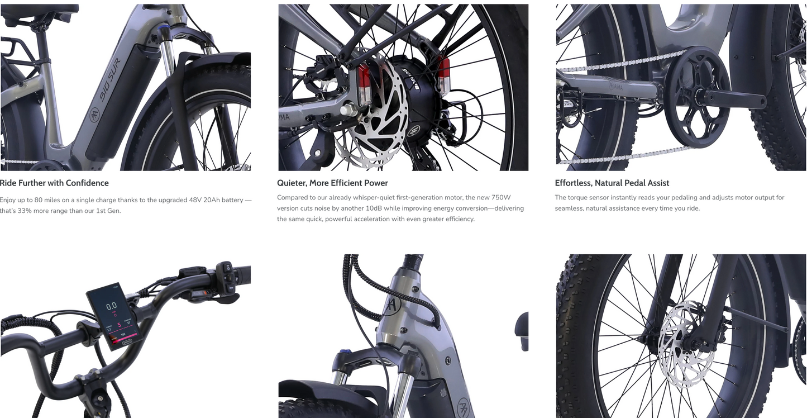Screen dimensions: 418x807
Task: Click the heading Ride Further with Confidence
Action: point(54,183)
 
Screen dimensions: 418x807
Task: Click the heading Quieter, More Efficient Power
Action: point(332,183)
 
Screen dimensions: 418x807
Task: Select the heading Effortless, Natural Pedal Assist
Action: point(612,183)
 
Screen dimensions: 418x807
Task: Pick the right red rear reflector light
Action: point(444,75)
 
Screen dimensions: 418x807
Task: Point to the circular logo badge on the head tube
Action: point(394,306)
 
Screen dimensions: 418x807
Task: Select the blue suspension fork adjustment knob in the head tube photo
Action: point(346,353)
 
